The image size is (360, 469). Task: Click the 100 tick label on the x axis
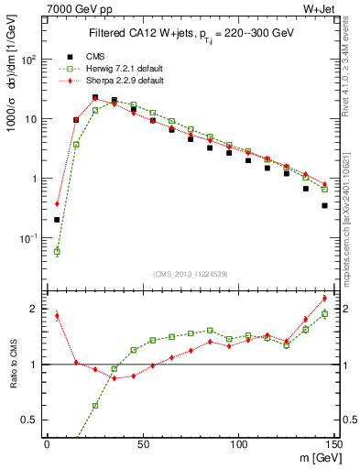[238, 444]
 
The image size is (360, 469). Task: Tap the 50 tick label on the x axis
[143, 444]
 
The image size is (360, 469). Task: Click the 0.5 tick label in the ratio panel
[32, 420]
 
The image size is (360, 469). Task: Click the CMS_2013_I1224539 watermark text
[191, 273]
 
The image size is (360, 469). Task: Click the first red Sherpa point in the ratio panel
[57, 315]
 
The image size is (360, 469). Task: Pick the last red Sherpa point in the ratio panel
[324, 298]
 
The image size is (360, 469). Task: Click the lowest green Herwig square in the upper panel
[57, 251]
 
